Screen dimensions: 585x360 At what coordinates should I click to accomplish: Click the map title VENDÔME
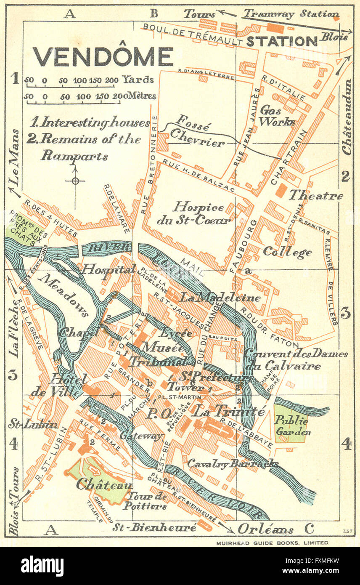pyautogui.click(x=103, y=57)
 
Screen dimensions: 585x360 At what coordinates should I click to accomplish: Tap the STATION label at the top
pyautogui.click(x=281, y=41)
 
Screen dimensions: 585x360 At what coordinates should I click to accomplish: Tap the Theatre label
pyautogui.click(x=315, y=196)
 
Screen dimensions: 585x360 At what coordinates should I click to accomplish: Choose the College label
pyautogui.click(x=287, y=252)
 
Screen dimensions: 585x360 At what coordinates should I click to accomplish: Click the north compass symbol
pyautogui.click(x=75, y=181)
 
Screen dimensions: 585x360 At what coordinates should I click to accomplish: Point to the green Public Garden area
pyautogui.click(x=291, y=423)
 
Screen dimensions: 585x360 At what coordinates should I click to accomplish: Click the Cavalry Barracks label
pyautogui.click(x=233, y=463)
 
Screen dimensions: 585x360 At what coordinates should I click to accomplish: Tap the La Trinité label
pyautogui.click(x=229, y=412)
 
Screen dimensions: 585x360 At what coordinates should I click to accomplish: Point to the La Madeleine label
pyautogui.click(x=220, y=298)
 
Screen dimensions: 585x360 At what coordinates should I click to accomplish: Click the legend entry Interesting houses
pyautogui.click(x=90, y=122)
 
